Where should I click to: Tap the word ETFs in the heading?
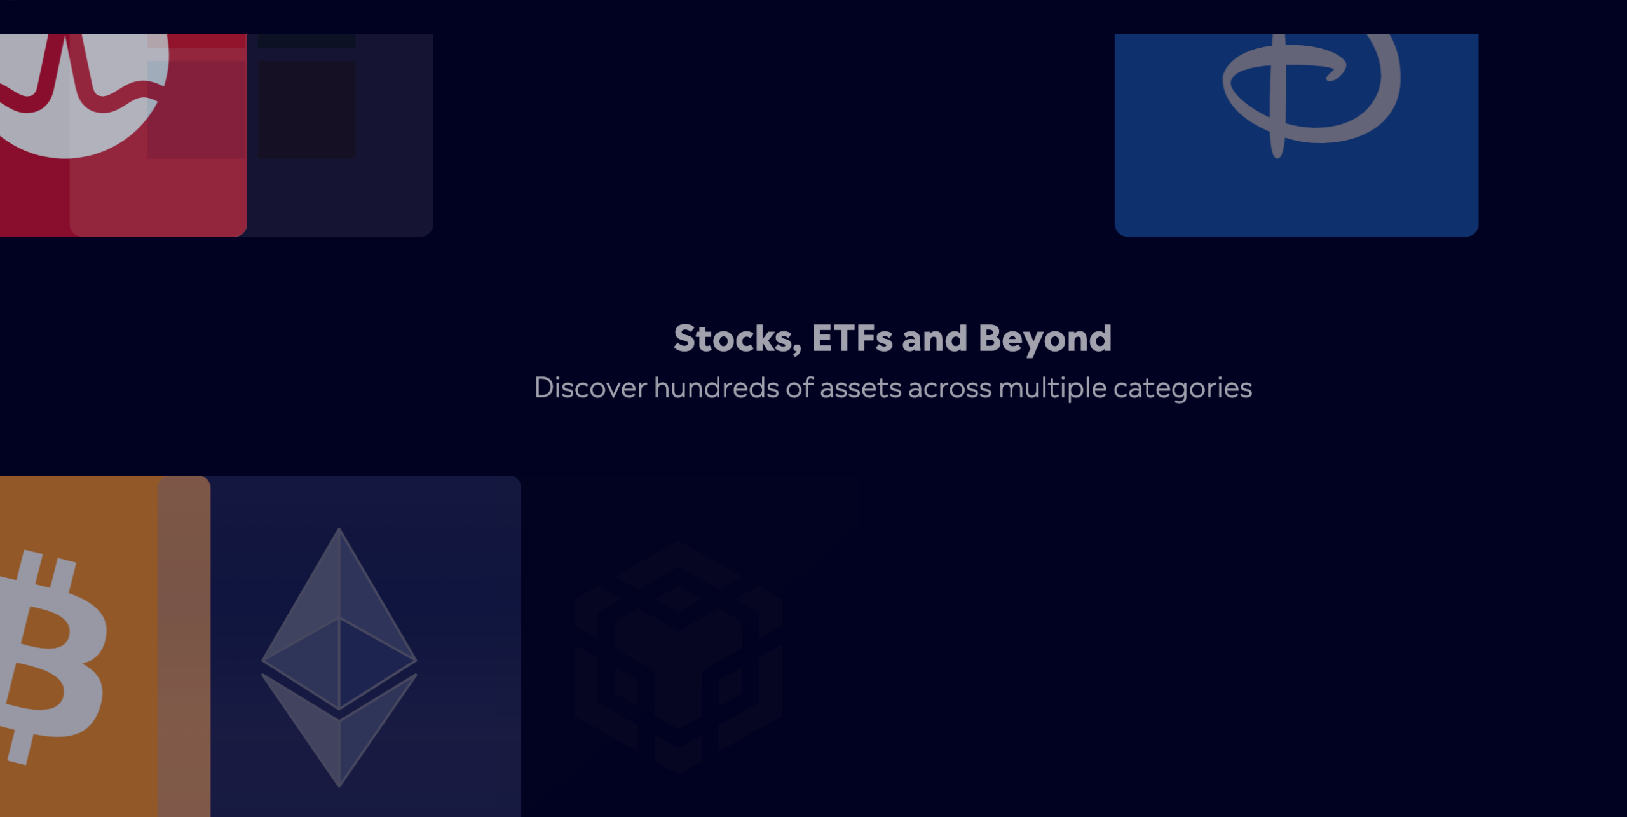click(852, 338)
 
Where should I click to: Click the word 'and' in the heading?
click(935, 338)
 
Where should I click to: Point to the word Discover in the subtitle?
click(590, 388)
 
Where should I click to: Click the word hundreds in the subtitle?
click(716, 388)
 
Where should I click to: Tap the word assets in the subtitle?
click(861, 389)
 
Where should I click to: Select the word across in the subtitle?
click(950, 390)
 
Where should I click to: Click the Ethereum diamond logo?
click(339, 657)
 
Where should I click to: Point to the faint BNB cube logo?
click(678, 657)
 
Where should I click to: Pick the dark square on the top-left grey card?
click(306, 109)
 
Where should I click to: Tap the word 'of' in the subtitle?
click(800, 387)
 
